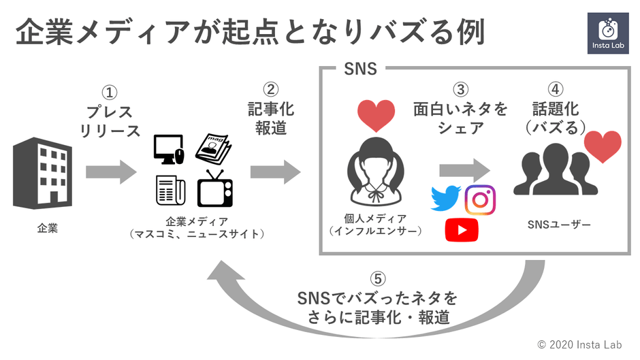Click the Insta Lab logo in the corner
click(607, 33)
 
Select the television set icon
click(215, 189)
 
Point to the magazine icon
click(214, 148)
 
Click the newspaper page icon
click(170, 190)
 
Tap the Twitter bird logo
click(446, 197)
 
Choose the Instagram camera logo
click(480, 199)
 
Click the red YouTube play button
click(462, 230)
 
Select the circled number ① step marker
click(109, 92)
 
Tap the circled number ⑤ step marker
click(379, 279)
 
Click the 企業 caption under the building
click(47, 228)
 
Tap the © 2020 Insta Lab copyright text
click(580, 345)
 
